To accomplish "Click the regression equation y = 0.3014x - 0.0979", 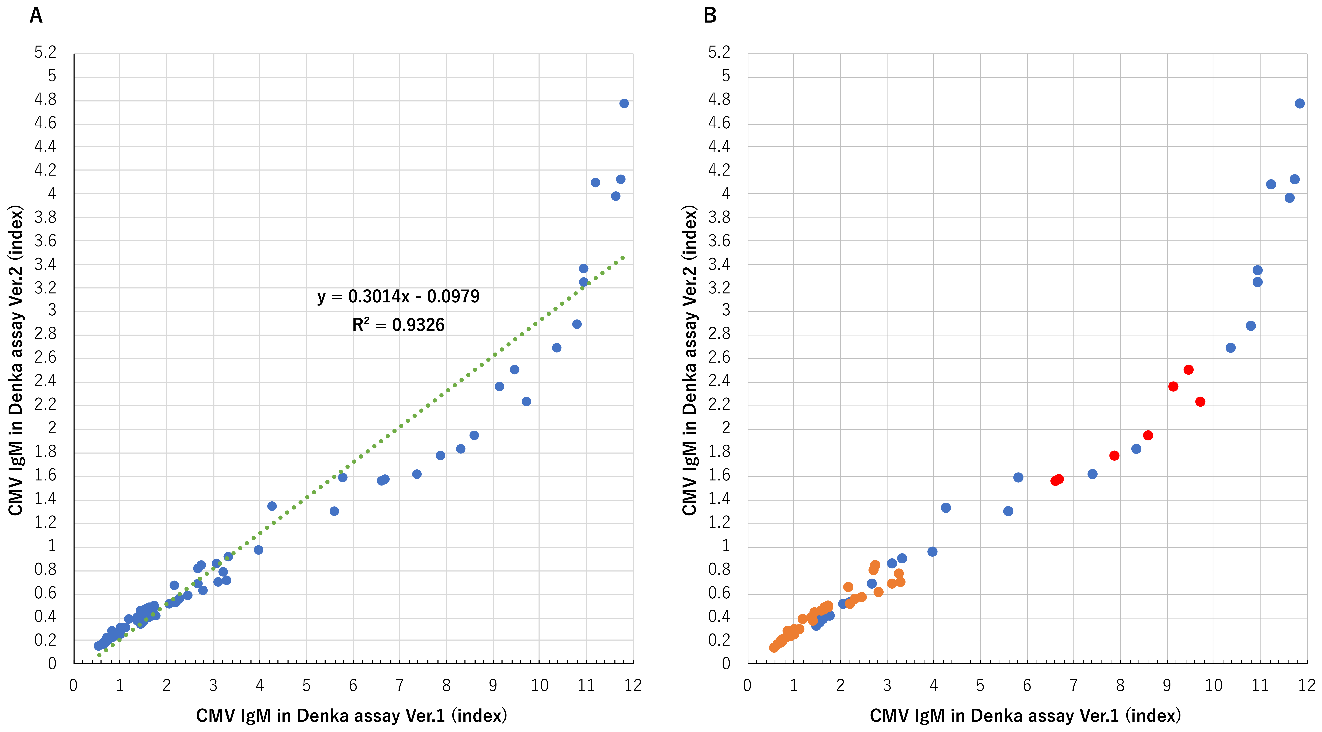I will pos(398,296).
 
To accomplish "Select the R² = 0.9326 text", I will pos(398,325).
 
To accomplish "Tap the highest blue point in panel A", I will pos(624,104).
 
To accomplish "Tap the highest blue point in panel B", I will pos(1299,104).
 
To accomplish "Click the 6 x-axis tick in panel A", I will pos(353,685).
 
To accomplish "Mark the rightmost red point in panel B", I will pos(1200,402).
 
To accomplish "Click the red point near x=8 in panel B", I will pos(1114,455).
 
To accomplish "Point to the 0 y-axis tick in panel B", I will pos(726,664).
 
